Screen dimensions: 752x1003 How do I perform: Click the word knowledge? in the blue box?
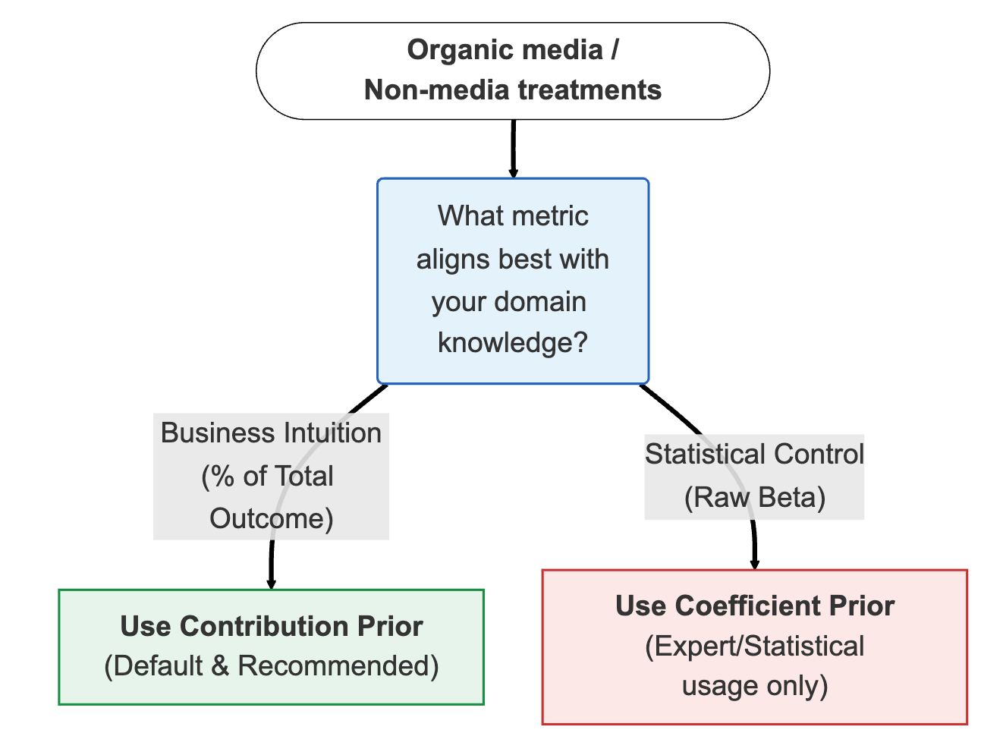point(513,343)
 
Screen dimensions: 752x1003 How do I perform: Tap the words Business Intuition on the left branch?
point(271,433)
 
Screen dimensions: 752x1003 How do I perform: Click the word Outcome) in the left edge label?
point(272,519)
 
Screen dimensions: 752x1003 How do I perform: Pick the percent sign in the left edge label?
point(222,477)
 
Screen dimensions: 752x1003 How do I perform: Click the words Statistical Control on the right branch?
point(754,455)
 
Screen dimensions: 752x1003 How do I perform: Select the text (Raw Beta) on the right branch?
point(754,498)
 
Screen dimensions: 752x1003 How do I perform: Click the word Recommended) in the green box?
point(338,666)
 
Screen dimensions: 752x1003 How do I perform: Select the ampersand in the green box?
point(220,666)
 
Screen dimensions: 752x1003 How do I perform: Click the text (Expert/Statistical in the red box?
point(754,647)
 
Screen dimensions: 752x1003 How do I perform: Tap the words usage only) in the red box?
point(754,686)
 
